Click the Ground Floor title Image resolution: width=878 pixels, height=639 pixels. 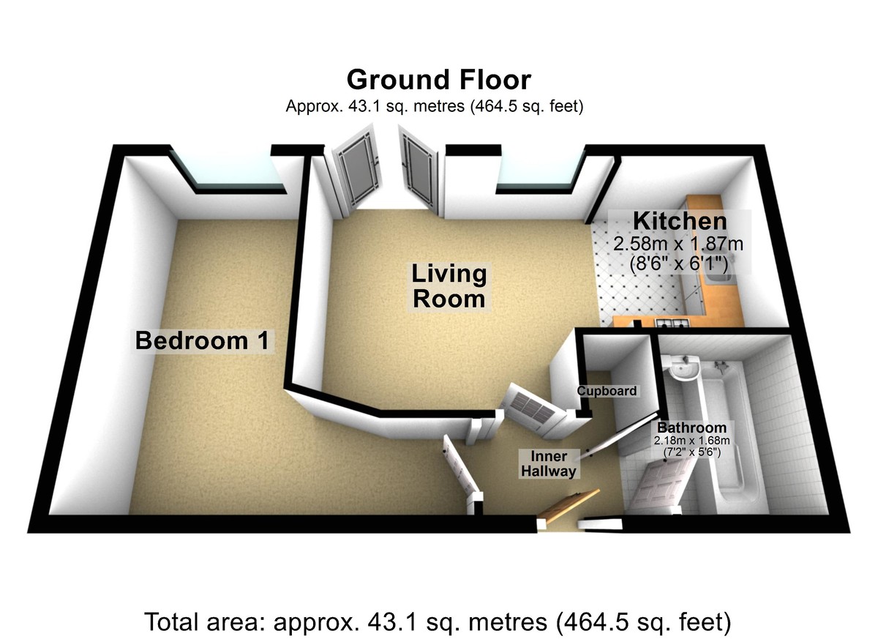pyautogui.click(x=439, y=79)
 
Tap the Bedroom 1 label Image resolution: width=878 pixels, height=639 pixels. pyautogui.click(x=203, y=340)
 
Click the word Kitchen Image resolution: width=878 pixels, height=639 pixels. pyautogui.click(x=680, y=220)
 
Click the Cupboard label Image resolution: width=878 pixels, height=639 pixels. pyautogui.click(x=607, y=391)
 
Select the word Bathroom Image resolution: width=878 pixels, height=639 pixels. pyautogui.click(x=691, y=427)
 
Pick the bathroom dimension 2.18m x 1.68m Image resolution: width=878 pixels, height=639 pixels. pyautogui.click(x=691, y=441)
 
